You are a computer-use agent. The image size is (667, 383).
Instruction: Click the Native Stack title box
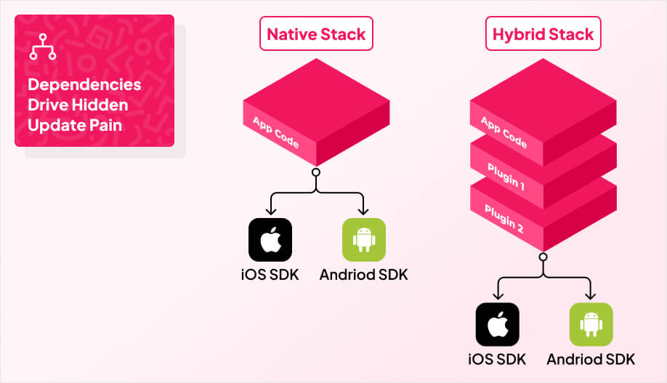(316, 34)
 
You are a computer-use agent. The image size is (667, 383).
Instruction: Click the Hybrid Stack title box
(543, 34)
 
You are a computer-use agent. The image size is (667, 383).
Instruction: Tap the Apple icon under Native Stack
(270, 240)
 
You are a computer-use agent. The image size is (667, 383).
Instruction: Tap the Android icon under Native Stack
(363, 240)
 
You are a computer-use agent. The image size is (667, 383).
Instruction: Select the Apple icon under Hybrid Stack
(498, 324)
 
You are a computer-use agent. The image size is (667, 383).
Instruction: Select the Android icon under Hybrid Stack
(591, 324)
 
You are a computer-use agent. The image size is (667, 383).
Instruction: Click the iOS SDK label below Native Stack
(270, 275)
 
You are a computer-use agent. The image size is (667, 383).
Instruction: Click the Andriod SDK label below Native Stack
(363, 275)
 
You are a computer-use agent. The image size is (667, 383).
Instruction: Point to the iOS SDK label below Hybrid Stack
(498, 359)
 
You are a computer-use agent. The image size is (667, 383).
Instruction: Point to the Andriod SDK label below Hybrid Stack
(591, 359)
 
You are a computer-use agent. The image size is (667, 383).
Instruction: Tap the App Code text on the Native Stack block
(275, 132)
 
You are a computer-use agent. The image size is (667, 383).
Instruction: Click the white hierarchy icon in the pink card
(42, 46)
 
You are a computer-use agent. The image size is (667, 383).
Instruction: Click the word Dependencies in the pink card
(84, 84)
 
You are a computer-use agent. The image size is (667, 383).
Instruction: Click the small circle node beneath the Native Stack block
(316, 173)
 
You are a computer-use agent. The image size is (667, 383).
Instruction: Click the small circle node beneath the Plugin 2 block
(543, 257)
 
